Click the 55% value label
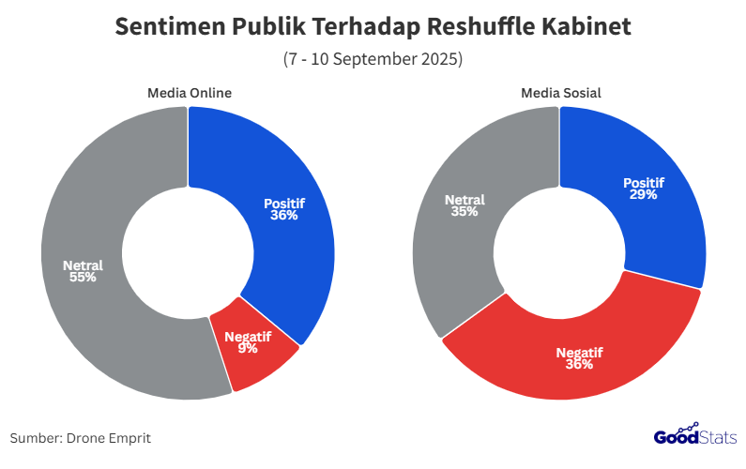point(83,278)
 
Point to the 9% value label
point(249,349)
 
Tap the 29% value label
point(644,195)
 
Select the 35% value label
point(464,212)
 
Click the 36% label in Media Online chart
point(284,215)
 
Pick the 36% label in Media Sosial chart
point(580,364)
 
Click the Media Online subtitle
point(190,93)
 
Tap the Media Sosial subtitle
point(561,93)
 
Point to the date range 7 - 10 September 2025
point(373,59)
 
